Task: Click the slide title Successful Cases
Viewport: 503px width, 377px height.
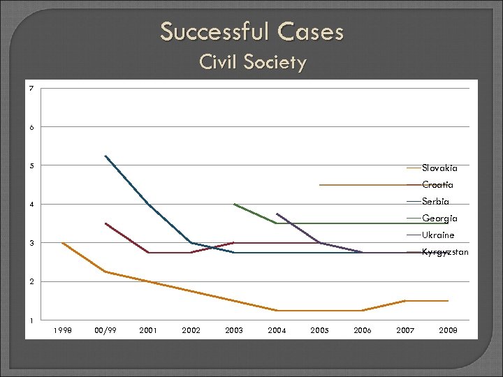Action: tap(251, 31)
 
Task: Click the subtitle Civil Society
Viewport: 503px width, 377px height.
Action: tap(252, 62)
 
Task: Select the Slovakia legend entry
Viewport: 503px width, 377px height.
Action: tap(439, 168)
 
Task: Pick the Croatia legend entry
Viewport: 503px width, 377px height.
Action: tap(437, 185)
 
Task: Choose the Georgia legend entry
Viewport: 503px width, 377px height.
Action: tap(439, 219)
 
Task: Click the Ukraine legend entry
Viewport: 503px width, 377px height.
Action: tap(438, 235)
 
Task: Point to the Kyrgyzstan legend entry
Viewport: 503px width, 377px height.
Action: tap(445, 252)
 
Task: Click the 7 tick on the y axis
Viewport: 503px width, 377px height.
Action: tap(31, 89)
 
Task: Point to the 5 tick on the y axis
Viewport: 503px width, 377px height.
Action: tap(31, 165)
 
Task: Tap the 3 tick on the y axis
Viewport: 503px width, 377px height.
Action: tap(31, 243)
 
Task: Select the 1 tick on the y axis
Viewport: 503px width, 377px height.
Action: tap(31, 320)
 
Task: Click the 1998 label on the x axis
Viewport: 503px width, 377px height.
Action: tap(62, 330)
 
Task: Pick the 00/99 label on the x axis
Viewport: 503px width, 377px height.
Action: tap(105, 330)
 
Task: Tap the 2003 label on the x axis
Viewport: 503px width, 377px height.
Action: tap(234, 330)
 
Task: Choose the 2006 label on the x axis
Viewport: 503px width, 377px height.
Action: tap(362, 330)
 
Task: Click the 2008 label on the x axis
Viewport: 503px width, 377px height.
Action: tap(448, 330)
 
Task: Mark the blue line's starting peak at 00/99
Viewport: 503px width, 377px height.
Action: tap(105, 156)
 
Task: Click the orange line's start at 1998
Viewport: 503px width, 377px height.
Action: tap(62, 243)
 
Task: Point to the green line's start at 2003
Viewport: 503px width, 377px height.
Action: tap(234, 204)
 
